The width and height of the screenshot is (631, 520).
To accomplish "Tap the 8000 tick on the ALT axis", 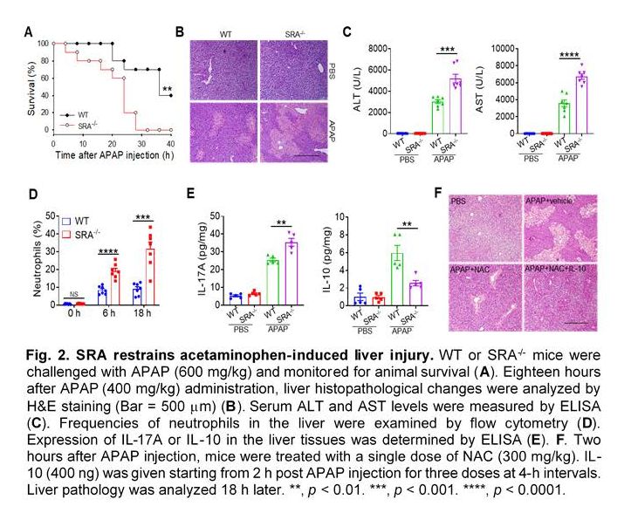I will (x=377, y=48).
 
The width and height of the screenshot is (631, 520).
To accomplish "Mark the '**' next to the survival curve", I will (x=166, y=89).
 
